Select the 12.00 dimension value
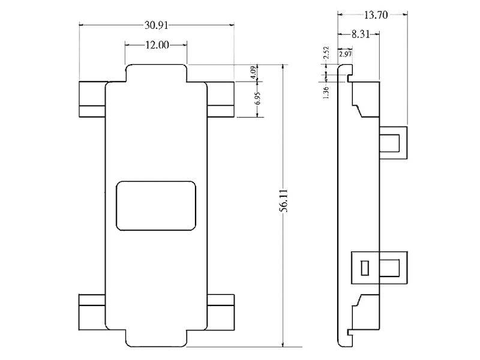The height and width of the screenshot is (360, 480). [156, 45]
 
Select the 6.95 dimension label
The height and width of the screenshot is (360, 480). [257, 99]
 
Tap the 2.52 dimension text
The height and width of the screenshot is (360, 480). [326, 53]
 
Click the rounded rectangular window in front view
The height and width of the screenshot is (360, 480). [156, 205]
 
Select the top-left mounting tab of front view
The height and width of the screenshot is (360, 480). [92, 98]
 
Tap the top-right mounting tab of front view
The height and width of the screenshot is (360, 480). [221, 98]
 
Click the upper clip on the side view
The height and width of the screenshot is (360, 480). [393, 143]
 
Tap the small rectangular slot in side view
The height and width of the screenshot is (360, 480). [364, 268]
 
